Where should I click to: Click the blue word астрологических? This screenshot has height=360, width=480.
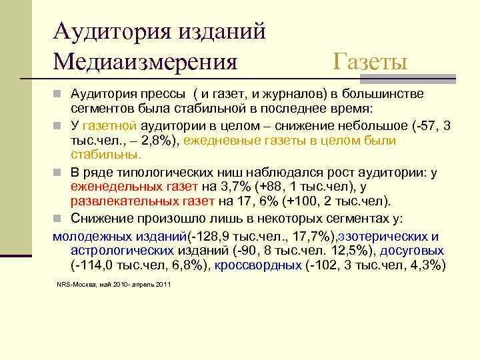point(122,251)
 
